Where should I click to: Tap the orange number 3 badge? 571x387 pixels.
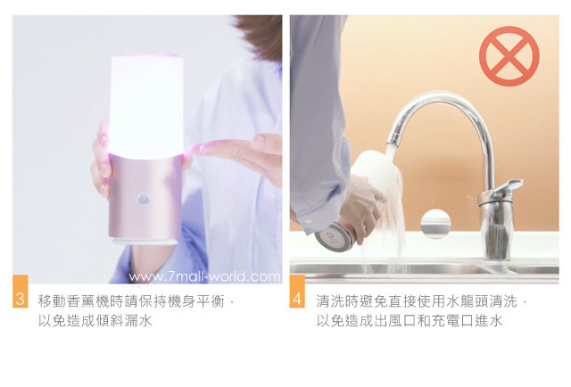click(x=20, y=292)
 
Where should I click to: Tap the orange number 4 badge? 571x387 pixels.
click(x=297, y=292)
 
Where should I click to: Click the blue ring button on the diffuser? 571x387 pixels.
click(x=144, y=199)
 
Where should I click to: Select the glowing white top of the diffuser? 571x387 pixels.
click(x=146, y=106)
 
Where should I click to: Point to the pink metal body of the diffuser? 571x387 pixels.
click(x=145, y=196)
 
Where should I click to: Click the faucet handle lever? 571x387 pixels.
click(x=506, y=188)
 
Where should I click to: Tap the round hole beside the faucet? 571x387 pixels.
click(x=436, y=224)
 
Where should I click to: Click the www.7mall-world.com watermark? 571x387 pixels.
click(x=204, y=277)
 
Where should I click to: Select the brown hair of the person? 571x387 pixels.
click(x=260, y=36)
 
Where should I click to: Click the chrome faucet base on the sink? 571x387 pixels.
click(x=496, y=229)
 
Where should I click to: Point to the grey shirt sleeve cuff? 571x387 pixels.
click(x=313, y=218)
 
